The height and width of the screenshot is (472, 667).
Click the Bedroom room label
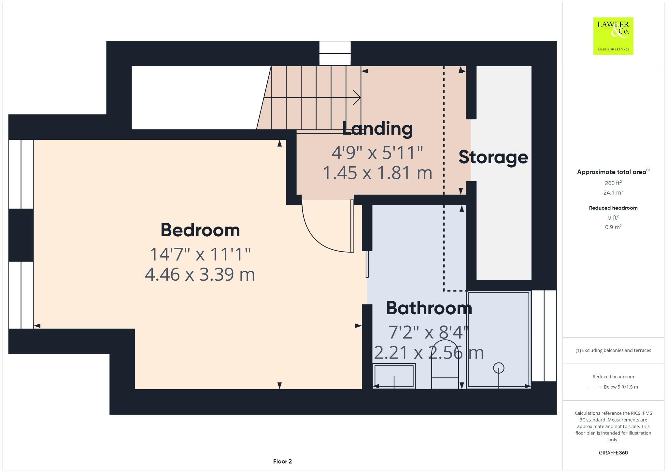(x=200, y=230)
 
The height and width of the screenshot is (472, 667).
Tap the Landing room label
(x=377, y=129)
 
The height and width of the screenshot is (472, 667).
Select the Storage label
(x=493, y=157)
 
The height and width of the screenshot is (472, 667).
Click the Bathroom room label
(x=429, y=308)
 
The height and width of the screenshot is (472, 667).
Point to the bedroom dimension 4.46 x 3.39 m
(x=200, y=274)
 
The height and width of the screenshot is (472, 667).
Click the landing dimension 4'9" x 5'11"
(x=377, y=153)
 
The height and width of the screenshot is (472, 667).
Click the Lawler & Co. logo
(x=613, y=36)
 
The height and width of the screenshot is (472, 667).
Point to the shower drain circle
(x=499, y=368)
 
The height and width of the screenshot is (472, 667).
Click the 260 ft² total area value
(x=613, y=183)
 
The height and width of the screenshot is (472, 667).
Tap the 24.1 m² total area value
(x=613, y=193)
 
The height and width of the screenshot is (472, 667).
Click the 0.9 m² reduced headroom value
(x=613, y=227)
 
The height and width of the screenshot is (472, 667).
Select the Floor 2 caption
(x=282, y=461)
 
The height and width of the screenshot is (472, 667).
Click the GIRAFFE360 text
(x=613, y=453)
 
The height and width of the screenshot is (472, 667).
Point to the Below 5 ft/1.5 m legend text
(x=620, y=387)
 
